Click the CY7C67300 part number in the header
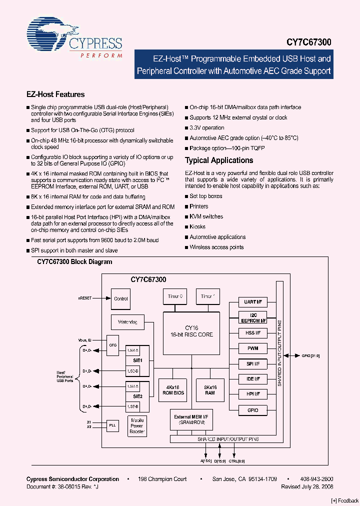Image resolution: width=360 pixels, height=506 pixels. click(x=308, y=44)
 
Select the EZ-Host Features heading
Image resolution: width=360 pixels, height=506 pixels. click(x=55, y=94)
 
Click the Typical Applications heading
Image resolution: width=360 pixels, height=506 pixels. click(x=219, y=160)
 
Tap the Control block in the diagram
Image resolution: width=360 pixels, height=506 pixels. click(x=121, y=299)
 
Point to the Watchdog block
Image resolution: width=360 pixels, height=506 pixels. click(x=127, y=322)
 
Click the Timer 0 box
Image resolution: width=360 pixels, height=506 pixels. click(x=175, y=296)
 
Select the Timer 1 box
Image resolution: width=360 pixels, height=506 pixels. click(x=207, y=296)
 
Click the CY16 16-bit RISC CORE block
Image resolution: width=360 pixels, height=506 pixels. click(x=191, y=331)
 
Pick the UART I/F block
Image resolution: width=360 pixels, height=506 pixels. click(x=253, y=302)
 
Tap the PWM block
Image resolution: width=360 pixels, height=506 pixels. click(x=253, y=348)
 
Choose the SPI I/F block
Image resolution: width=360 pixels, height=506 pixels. click(x=253, y=363)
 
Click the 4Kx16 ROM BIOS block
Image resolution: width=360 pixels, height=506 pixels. click(x=173, y=390)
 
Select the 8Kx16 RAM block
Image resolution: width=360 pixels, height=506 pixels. click(x=210, y=390)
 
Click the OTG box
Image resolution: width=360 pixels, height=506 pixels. click(x=113, y=345)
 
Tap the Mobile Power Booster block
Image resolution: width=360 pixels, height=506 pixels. click(x=136, y=425)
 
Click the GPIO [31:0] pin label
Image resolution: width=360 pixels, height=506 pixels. click(x=310, y=355)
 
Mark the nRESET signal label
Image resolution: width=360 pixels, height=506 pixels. click(x=84, y=297)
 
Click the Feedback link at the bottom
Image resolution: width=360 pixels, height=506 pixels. click(x=344, y=500)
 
